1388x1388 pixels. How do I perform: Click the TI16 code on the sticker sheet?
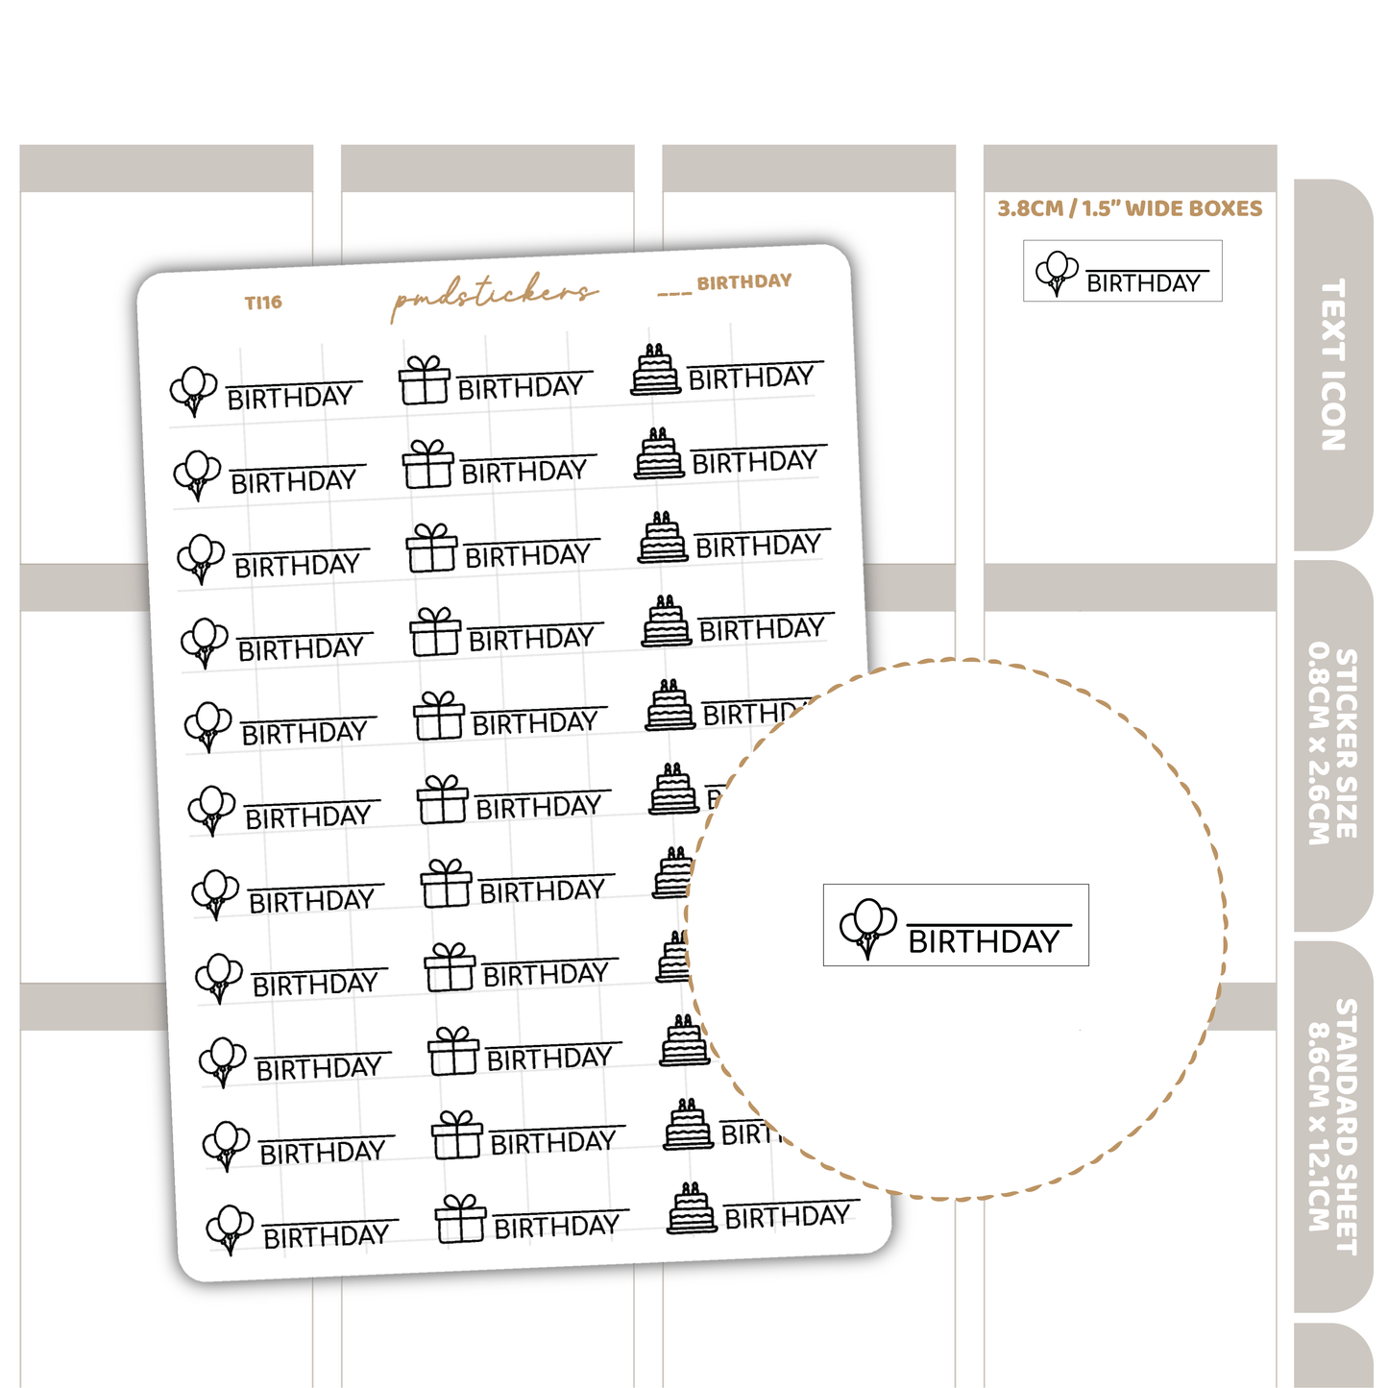263,302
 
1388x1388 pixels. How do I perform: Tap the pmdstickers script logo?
494,295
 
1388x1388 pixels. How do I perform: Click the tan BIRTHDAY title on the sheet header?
744,281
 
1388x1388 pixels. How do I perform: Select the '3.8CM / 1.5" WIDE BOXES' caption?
1130,208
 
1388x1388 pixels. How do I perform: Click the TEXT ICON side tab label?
1333,364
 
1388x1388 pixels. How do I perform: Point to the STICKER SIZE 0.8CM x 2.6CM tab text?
1333,744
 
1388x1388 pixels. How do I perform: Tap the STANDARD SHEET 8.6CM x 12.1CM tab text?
1333,1124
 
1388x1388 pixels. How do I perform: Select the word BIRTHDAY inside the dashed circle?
984,941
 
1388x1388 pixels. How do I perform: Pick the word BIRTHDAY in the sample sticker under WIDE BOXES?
1143,283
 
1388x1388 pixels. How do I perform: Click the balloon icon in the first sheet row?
193,391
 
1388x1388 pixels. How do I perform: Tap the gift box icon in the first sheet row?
425,379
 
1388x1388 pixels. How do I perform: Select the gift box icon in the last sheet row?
460,1219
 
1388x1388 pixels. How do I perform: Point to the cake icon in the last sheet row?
692,1208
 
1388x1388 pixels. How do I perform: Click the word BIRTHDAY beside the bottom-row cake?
788,1217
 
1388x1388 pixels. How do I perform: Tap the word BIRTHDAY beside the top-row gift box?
521,387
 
